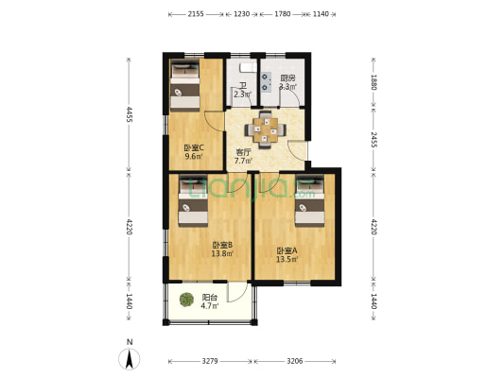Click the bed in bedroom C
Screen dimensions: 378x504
click(x=184, y=84)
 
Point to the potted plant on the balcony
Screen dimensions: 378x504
click(x=185, y=301)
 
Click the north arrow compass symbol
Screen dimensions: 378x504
click(x=129, y=357)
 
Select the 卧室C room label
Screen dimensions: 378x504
click(x=195, y=147)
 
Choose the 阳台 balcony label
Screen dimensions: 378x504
click(x=209, y=297)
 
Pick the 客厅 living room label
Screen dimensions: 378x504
click(x=243, y=152)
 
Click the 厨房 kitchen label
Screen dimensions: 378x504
click(x=287, y=78)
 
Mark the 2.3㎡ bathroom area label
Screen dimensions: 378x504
click(x=242, y=94)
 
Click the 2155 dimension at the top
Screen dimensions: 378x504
click(x=196, y=14)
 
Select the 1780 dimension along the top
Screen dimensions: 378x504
click(x=282, y=14)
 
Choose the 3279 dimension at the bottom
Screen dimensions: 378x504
click(x=211, y=361)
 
